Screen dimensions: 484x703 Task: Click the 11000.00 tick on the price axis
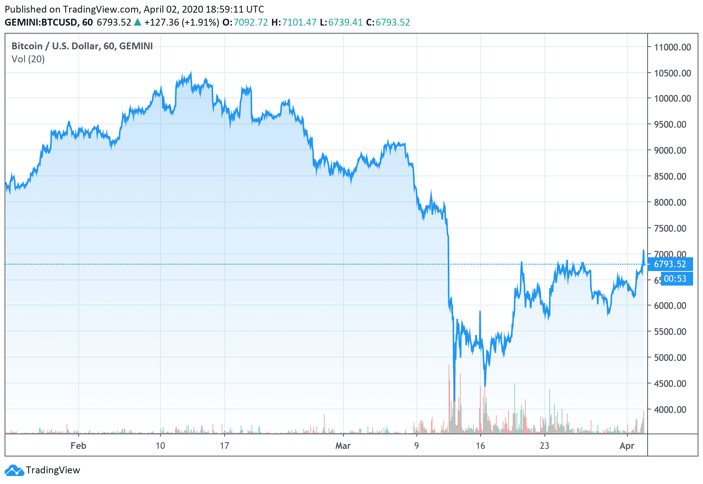(672, 47)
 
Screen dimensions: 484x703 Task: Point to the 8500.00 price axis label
(672, 176)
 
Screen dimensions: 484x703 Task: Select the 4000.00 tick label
(672, 409)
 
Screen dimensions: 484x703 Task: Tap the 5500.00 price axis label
(672, 331)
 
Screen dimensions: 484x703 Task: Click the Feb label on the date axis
(78, 446)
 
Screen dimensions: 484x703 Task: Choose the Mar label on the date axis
(343, 446)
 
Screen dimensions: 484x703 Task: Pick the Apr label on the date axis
(627, 446)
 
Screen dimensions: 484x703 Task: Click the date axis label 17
(224, 446)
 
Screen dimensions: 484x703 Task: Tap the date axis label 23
(544, 446)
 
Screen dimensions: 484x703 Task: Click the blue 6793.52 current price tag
(670, 264)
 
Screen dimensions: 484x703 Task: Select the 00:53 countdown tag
(675, 279)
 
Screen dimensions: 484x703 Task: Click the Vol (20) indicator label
(28, 59)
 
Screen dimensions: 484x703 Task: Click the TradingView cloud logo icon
(14, 470)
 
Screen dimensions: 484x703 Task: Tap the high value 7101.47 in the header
(299, 23)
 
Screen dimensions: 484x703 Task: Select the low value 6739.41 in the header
(345, 23)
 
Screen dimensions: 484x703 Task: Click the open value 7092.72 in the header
(251, 23)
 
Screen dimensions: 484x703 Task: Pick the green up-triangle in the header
(138, 23)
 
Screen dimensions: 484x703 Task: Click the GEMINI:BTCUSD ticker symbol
(41, 23)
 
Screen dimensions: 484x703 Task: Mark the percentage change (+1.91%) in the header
(200, 23)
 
